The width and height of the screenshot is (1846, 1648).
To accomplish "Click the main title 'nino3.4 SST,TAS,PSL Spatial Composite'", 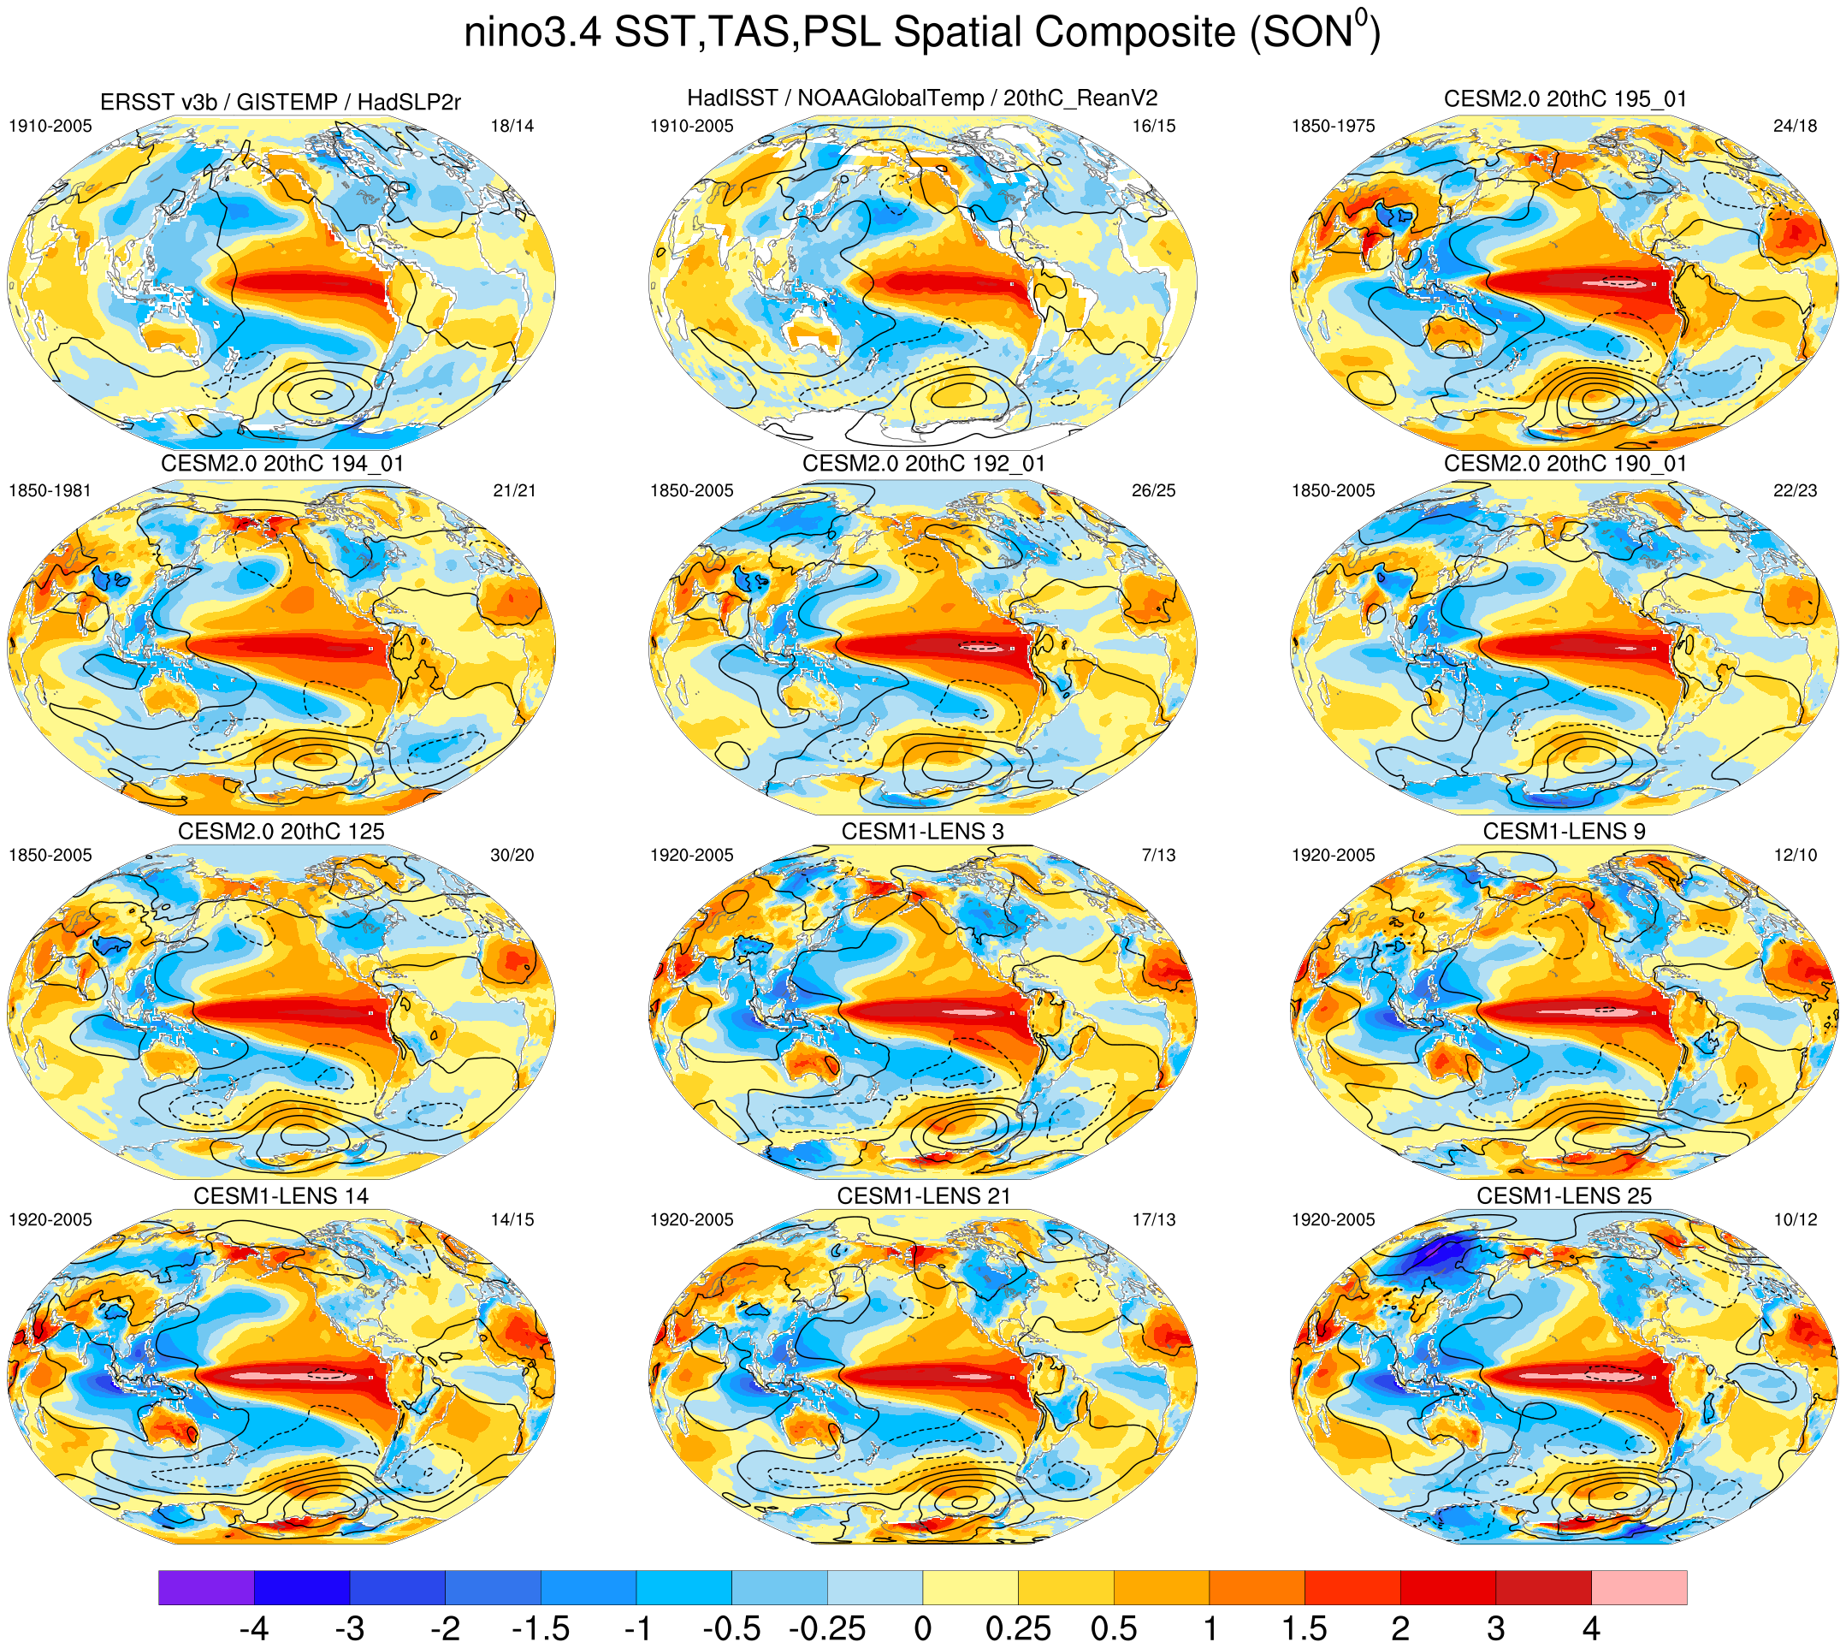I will [921, 33].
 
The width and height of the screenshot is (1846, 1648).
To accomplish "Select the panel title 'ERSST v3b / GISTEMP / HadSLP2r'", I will [281, 103].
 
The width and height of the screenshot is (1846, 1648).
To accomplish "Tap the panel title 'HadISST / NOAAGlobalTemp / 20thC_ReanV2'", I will [922, 98].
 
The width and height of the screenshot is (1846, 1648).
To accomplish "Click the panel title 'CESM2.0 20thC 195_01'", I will [1565, 98].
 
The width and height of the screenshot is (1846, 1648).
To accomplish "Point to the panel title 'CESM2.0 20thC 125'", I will [281, 831].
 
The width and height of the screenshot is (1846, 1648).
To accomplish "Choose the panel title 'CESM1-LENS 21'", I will [922, 1196].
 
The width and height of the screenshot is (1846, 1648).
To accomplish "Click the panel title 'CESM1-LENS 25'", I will [1564, 1196].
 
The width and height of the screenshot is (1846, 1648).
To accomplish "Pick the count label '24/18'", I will [1795, 126].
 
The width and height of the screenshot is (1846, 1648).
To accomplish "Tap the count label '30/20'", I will [512, 855].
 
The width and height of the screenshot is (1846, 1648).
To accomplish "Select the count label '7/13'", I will [1158, 855].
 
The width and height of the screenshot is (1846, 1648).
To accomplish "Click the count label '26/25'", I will [1153, 491].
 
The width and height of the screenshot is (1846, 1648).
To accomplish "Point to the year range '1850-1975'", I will [1333, 126].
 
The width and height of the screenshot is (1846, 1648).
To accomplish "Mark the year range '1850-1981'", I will [50, 491].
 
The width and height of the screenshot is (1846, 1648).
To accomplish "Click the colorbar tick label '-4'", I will [253, 1628].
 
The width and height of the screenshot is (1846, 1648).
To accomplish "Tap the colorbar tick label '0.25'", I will [1018, 1628].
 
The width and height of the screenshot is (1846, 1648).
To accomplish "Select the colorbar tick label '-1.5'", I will [541, 1628].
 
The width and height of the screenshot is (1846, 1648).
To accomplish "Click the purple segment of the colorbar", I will [205, 1587].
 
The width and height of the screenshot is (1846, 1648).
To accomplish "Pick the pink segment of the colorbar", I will [1639, 1587].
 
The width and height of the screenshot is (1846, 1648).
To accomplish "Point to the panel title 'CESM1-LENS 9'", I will [1564, 831].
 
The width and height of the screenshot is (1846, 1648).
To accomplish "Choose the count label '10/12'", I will [1795, 1219].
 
